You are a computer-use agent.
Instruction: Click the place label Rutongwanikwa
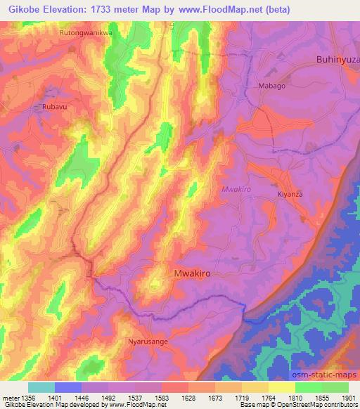86,32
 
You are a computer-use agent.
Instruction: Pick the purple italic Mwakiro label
236,189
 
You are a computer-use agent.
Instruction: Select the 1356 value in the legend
21,396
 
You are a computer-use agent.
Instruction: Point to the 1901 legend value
349,396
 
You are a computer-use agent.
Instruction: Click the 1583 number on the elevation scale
161,396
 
